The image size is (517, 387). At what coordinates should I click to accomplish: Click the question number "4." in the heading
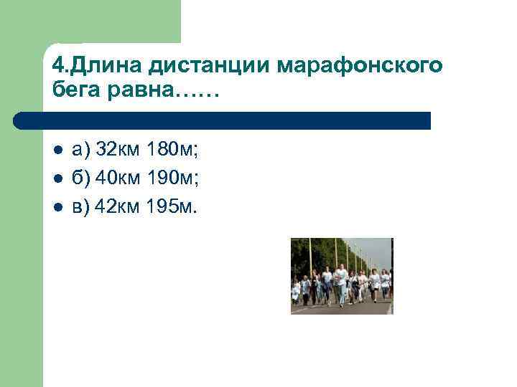coord(60,67)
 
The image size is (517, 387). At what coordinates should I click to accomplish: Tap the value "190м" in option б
coord(172,179)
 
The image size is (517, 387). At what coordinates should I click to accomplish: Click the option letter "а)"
coord(82,150)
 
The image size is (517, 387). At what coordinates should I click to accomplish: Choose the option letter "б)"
coord(82,179)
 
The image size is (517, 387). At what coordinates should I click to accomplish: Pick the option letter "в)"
coord(82,208)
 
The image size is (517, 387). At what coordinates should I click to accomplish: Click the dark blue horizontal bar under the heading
coord(223,120)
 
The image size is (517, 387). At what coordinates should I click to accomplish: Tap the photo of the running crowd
coord(341,276)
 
